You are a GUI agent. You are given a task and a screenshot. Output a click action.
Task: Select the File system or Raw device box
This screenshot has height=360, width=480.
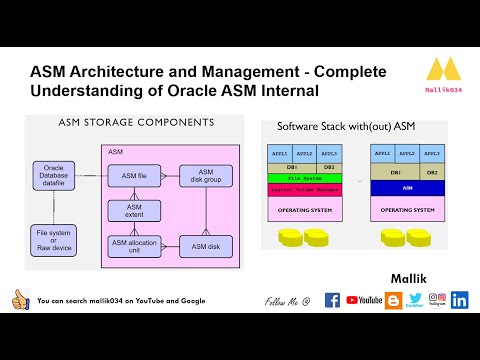pyautogui.click(x=53, y=239)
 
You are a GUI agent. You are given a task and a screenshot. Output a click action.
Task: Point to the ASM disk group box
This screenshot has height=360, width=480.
pyautogui.click(x=205, y=176)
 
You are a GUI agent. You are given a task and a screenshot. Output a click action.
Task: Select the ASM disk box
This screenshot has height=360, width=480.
pyautogui.click(x=205, y=246)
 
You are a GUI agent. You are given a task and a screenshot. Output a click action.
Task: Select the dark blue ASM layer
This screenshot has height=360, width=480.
pyautogui.click(x=407, y=187)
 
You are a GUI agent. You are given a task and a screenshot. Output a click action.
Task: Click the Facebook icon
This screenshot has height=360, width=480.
pyautogui.click(x=332, y=300)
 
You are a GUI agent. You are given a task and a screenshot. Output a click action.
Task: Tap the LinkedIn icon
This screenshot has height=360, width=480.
pyautogui.click(x=459, y=300)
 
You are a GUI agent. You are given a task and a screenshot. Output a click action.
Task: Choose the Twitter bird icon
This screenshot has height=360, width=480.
pyautogui.click(x=415, y=299)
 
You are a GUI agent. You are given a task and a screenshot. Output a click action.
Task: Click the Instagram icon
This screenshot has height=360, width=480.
pyautogui.click(x=437, y=299)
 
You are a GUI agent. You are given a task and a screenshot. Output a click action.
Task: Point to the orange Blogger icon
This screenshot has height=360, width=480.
pyautogui.click(x=394, y=299)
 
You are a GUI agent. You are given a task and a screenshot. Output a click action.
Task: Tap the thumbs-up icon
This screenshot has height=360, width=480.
pyautogui.click(x=19, y=299)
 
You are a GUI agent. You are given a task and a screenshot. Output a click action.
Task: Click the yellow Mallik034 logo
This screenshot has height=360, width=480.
pyautogui.click(x=442, y=71)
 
